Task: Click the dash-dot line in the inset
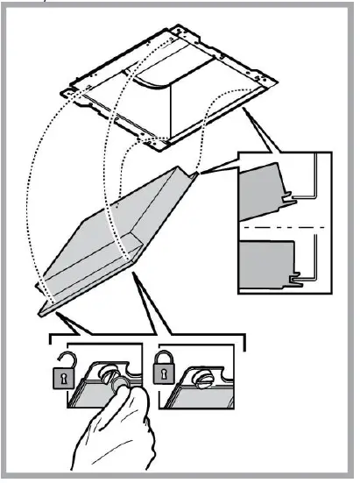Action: tap(285, 228)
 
